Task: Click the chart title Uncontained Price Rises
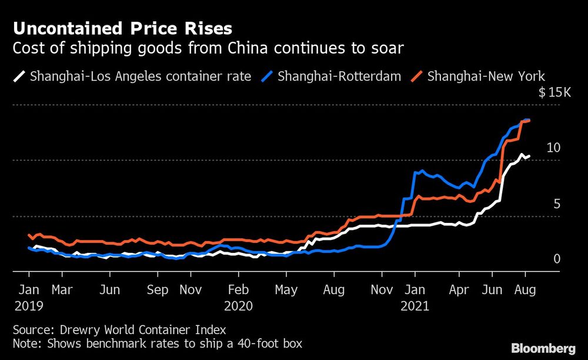121,28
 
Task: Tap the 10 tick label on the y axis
553,148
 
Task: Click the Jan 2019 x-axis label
29,298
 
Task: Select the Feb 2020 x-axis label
238,298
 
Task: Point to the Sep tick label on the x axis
158,289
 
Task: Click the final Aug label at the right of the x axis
525,289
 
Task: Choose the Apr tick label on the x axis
459,289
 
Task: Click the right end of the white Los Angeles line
530,156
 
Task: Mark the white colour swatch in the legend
20,76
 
